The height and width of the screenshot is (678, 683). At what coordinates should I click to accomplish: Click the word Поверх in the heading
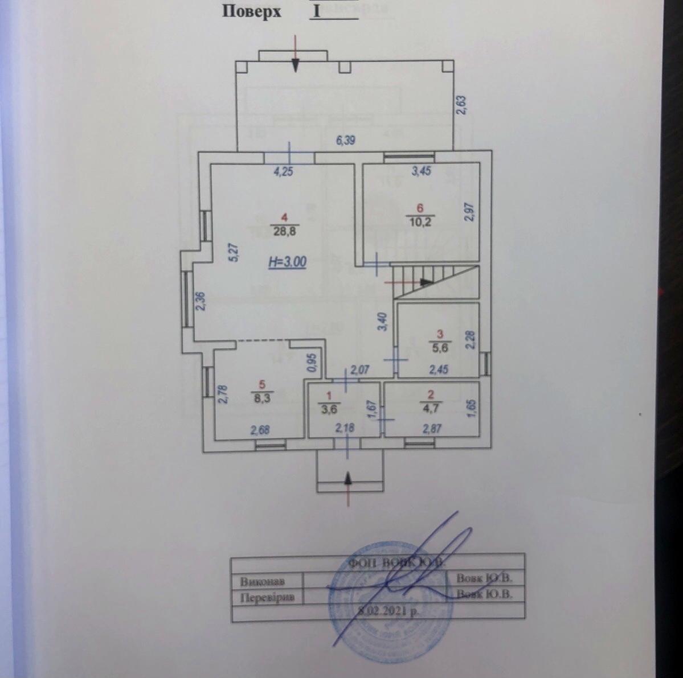click(251, 12)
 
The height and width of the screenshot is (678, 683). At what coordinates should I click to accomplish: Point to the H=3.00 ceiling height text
click(287, 262)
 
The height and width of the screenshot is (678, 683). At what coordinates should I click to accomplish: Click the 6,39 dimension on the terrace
click(346, 140)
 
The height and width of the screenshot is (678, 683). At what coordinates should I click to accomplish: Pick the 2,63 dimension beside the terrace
click(462, 105)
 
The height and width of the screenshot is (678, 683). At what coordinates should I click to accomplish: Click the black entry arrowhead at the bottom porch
click(349, 479)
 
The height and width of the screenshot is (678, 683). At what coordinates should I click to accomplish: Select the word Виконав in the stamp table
click(262, 582)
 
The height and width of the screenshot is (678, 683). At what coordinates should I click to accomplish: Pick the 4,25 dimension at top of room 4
click(283, 171)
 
